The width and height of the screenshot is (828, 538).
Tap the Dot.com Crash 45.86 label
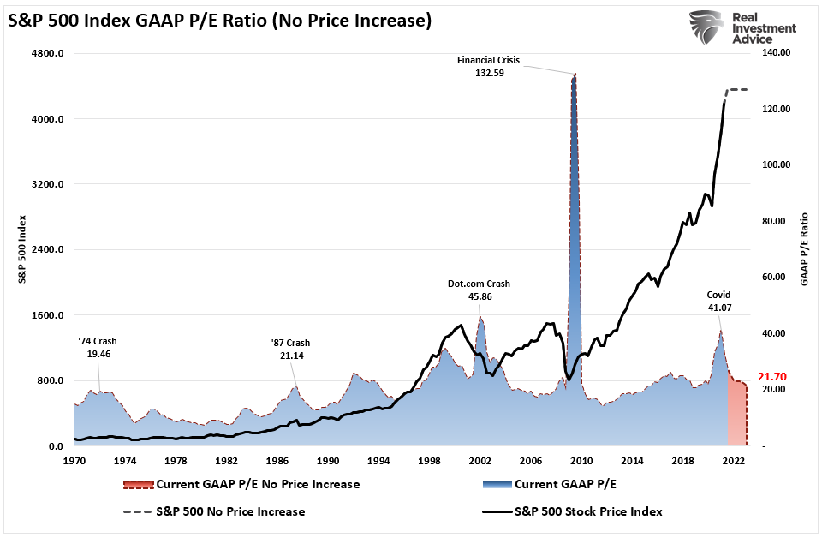[479, 290]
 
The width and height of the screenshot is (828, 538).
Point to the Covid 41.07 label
[718, 302]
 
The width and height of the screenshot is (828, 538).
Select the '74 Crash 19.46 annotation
[98, 346]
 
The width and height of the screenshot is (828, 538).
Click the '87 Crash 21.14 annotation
[291, 350]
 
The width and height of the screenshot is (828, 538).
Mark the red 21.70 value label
[773, 377]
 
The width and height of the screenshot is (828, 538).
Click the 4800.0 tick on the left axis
[48, 54]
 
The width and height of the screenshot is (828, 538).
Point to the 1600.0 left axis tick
[48, 315]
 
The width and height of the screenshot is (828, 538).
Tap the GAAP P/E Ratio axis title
[804, 249]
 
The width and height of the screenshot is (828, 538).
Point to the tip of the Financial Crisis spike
[575, 75]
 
